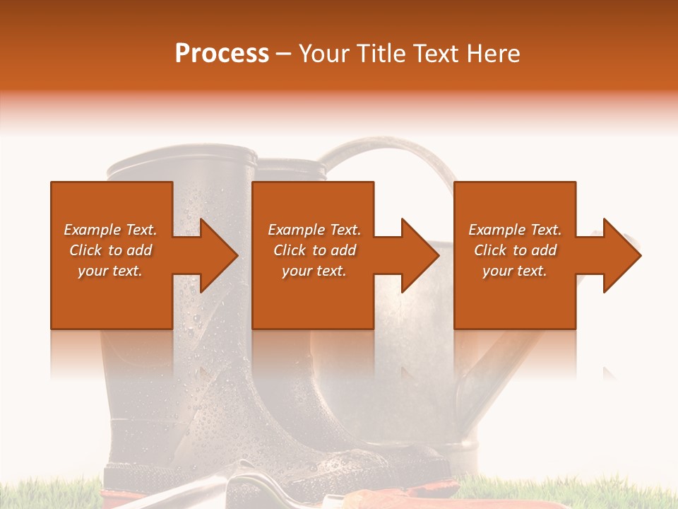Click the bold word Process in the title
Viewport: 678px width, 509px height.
click(222, 54)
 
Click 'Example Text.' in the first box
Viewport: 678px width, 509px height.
click(110, 230)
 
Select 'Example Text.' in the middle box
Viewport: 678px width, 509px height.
click(314, 230)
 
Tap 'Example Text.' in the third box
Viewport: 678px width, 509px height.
click(515, 230)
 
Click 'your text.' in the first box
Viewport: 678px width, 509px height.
click(110, 271)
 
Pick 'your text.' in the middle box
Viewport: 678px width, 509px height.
click(314, 271)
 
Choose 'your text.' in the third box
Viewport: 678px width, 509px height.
click(515, 271)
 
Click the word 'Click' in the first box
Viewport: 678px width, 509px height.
click(85, 250)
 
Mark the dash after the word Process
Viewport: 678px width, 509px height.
click(283, 54)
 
